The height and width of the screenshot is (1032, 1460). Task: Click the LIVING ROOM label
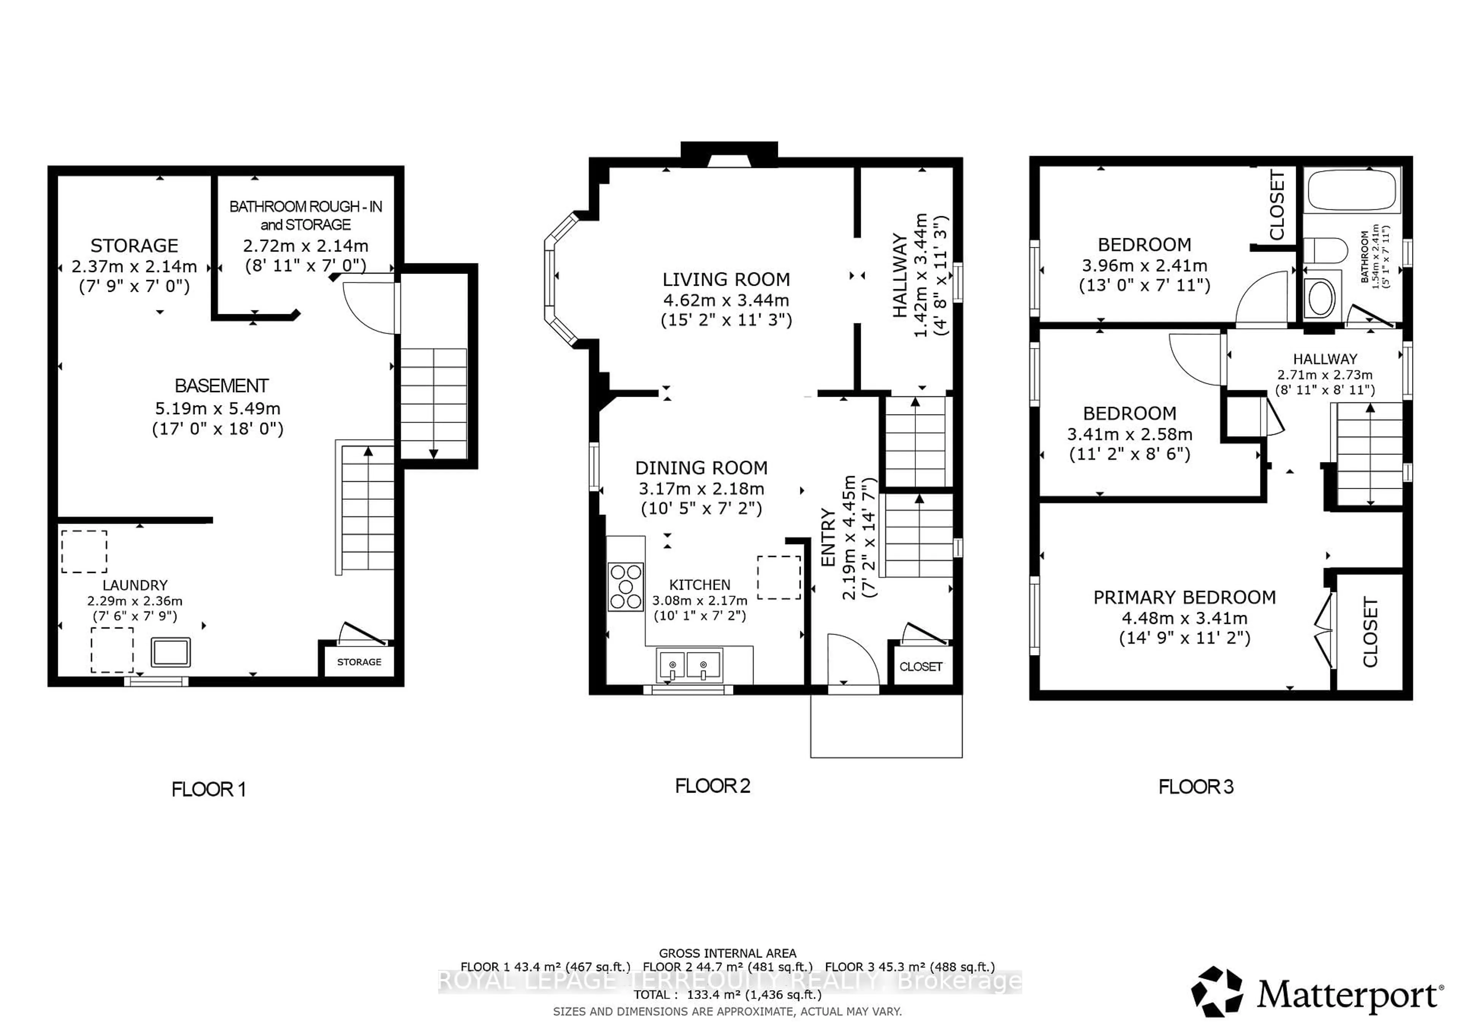tap(726, 280)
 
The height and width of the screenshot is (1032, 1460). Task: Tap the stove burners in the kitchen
tap(626, 587)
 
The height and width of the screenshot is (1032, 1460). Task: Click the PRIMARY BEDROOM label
tap(1184, 597)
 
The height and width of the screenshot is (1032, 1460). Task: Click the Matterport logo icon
tap(1216, 992)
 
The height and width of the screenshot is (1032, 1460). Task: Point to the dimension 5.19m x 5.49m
tap(217, 408)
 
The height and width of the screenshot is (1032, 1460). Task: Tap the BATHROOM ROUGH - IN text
tap(305, 207)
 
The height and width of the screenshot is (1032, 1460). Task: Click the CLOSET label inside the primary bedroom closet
tap(1370, 632)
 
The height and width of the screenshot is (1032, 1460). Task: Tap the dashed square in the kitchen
tap(778, 578)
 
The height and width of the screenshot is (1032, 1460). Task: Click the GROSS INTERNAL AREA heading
tap(727, 953)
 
